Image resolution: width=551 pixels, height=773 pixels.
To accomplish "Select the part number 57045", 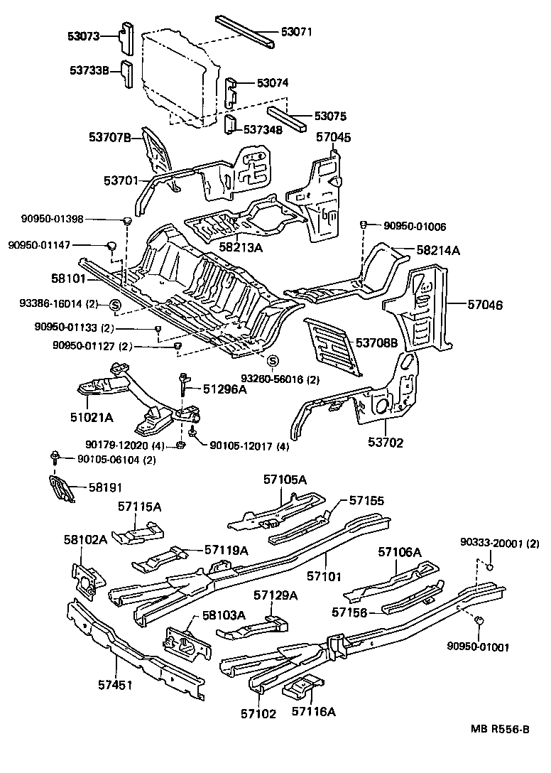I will pos(333,137).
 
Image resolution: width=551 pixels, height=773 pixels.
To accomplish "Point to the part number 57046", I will pos(485,304).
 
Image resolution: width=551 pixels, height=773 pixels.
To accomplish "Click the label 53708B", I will pos(377,343).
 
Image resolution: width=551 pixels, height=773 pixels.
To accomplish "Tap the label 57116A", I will pos(313,710).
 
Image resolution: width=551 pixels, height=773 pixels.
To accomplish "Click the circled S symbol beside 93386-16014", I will pos(114,306).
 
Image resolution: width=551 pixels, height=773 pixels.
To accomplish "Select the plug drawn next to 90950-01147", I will pos(111,246).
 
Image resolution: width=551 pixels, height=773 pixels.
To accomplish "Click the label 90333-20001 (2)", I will pos(500,544).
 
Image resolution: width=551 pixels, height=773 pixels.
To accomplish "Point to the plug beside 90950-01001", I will pos(479,620).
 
